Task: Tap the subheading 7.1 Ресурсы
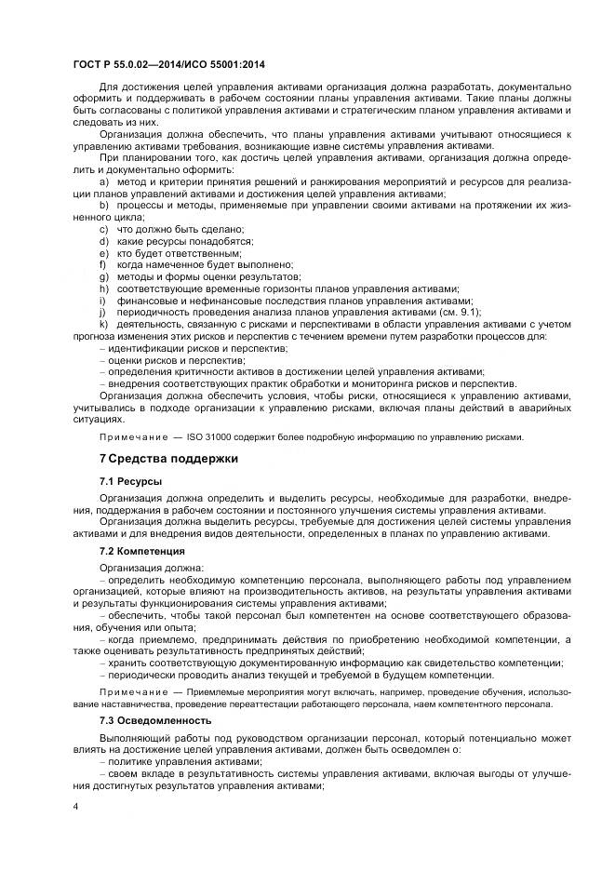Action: click(131, 482)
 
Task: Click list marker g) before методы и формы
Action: click(103, 276)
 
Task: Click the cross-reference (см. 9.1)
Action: click(461, 313)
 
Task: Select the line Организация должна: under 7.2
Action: click(144, 567)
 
